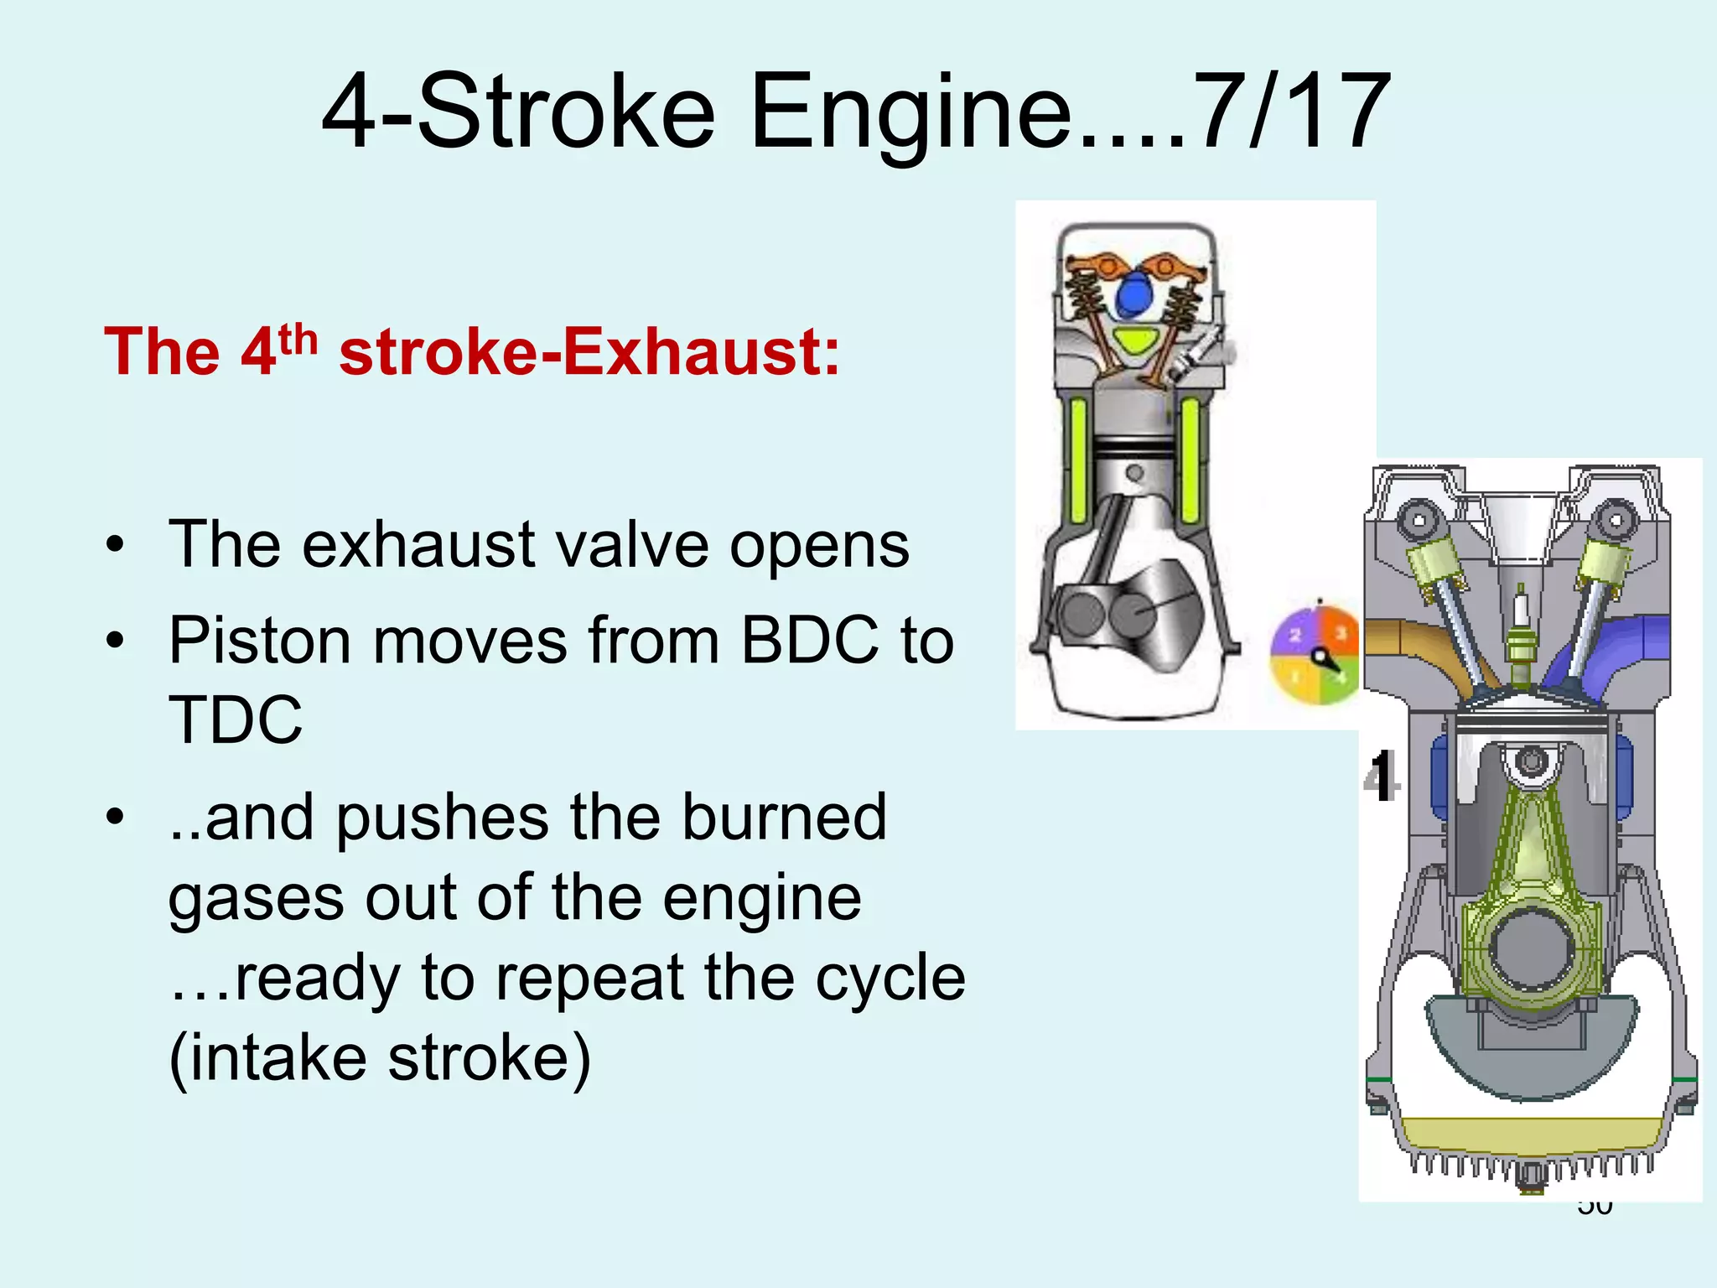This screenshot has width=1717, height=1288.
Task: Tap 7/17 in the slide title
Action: pyautogui.click(x=1289, y=112)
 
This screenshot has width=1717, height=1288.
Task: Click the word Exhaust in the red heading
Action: pyautogui.click(x=700, y=351)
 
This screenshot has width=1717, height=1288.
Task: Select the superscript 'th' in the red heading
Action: pyautogui.click(x=298, y=340)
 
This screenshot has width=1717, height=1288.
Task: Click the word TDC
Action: pyautogui.click(x=236, y=719)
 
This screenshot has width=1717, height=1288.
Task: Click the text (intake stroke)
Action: pyautogui.click(x=380, y=1057)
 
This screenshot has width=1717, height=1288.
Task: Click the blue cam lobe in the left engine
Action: pyautogui.click(x=1136, y=294)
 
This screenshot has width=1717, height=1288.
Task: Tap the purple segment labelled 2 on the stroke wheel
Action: pyautogui.click(x=1294, y=635)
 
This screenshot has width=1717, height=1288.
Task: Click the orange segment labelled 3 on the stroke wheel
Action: pyautogui.click(x=1340, y=633)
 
